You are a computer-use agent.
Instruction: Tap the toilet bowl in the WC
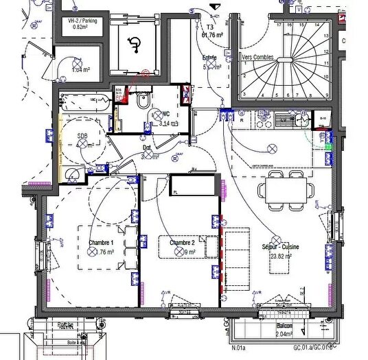coord(143,102)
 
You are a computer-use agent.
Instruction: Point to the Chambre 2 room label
coord(183,243)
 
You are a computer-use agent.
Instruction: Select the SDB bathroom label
coord(83,136)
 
